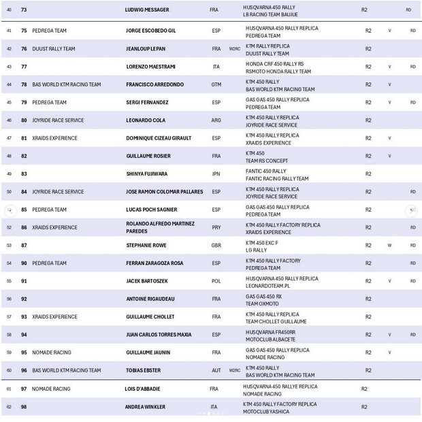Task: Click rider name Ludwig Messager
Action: click(147, 10)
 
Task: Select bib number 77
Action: click(24, 67)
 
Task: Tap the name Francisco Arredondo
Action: click(155, 85)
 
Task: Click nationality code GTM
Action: click(216, 85)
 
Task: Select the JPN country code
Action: click(216, 174)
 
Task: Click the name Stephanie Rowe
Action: click(146, 246)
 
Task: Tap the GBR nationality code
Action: click(216, 246)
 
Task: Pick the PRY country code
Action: click(216, 228)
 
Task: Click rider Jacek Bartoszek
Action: click(146, 281)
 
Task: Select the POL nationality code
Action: click(216, 281)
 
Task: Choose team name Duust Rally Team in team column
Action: click(54, 49)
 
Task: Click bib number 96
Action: click(24, 371)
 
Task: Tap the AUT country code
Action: click(216, 371)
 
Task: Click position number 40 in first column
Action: click(9, 10)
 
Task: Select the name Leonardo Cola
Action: click(146, 120)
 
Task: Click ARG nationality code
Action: click(216, 120)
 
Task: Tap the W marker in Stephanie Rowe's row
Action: click(389, 246)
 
